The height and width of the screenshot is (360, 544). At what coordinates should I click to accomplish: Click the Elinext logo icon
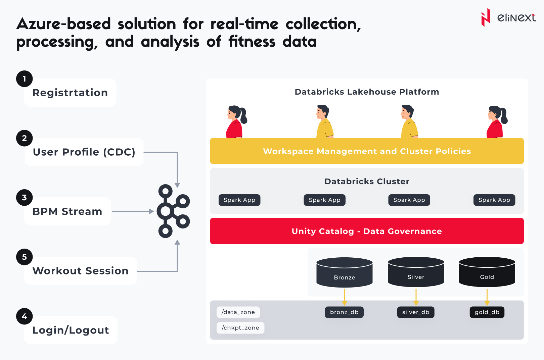click(486, 17)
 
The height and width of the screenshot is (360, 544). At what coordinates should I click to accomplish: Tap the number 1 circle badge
click(25, 79)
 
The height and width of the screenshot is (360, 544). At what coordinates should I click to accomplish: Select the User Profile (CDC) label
click(84, 152)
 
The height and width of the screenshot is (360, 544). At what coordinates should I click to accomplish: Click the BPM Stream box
click(67, 211)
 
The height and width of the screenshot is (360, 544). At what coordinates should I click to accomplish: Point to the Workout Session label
click(81, 271)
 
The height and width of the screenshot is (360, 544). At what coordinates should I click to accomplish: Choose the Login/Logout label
click(71, 330)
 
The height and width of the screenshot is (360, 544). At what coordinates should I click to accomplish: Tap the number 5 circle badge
click(25, 257)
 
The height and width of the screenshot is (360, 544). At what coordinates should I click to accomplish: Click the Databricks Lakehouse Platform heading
click(367, 92)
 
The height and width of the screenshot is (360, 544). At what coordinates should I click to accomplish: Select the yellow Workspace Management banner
click(367, 151)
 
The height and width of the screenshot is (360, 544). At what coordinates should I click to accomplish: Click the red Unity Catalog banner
click(367, 231)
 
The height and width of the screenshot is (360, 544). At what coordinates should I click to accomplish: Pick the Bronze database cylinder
click(345, 272)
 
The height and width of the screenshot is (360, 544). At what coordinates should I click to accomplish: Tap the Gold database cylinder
click(487, 272)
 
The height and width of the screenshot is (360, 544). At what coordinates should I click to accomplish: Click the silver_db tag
click(416, 312)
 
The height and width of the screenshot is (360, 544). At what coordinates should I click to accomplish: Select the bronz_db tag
click(344, 312)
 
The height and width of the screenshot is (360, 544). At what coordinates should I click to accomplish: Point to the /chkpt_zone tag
click(240, 328)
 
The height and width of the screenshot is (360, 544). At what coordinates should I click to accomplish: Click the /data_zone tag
click(238, 312)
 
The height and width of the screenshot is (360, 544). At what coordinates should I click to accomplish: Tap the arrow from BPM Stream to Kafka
click(133, 211)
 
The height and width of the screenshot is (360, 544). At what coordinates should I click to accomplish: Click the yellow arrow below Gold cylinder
click(487, 297)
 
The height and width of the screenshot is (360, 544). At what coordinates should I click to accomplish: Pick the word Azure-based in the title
click(63, 24)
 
